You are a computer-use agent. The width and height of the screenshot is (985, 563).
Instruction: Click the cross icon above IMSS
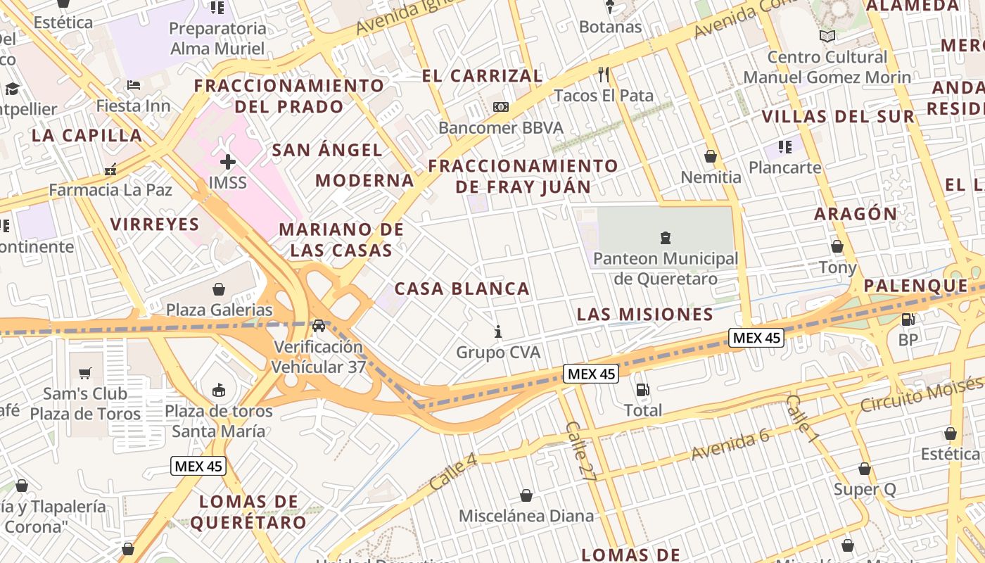pos(228,162)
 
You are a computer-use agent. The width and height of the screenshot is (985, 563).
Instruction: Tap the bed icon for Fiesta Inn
pos(134,85)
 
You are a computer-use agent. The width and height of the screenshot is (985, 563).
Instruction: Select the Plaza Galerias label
pos(219,310)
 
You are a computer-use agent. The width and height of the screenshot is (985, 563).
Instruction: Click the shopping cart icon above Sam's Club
pos(85,373)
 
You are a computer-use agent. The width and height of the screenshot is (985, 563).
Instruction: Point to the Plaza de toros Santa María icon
pos(219,390)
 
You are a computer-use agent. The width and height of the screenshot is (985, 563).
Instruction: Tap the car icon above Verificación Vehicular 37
pos(319,326)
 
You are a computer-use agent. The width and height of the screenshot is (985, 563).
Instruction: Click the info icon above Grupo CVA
pos(498,331)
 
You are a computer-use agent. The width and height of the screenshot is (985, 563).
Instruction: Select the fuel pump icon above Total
pos(642,389)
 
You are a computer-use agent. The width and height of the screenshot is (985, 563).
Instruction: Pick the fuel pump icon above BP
pos(908,319)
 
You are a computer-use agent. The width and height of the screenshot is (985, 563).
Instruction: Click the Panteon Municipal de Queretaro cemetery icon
pos(665,238)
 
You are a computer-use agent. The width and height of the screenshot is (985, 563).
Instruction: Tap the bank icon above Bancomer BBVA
pos(500,107)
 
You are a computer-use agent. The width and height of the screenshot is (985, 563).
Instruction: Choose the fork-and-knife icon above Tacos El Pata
pos(603,74)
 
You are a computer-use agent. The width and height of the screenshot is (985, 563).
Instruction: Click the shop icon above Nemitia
pos(711,156)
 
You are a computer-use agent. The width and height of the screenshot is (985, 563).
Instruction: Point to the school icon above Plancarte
pos(785,146)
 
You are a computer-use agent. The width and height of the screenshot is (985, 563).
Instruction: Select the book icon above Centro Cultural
pos(827,36)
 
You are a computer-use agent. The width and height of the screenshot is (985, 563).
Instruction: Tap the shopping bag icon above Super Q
pos(865,469)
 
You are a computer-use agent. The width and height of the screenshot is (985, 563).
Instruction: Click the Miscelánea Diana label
pos(526,516)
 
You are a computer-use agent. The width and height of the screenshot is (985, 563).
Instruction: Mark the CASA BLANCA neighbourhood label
pos(462,289)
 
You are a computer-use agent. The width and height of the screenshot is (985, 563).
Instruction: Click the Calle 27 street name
pos(581,451)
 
